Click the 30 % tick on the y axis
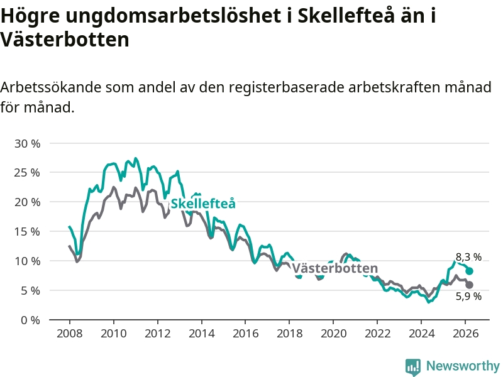pos(27,143)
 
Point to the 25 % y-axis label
pos(27,172)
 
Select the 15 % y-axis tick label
pos(27,231)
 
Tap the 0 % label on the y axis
pos(30,320)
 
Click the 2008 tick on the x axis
pos(69,333)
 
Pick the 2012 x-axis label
pos(157,333)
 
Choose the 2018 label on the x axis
pos(289,333)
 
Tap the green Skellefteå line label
pos(203,203)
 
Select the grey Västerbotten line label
pos(334,269)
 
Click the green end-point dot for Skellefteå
pos(469,271)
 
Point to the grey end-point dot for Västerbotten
pos(469,285)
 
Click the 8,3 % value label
pos(468,257)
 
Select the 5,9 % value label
pos(468,297)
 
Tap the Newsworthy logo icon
pos(413,366)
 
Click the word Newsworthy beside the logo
pos(463,366)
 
